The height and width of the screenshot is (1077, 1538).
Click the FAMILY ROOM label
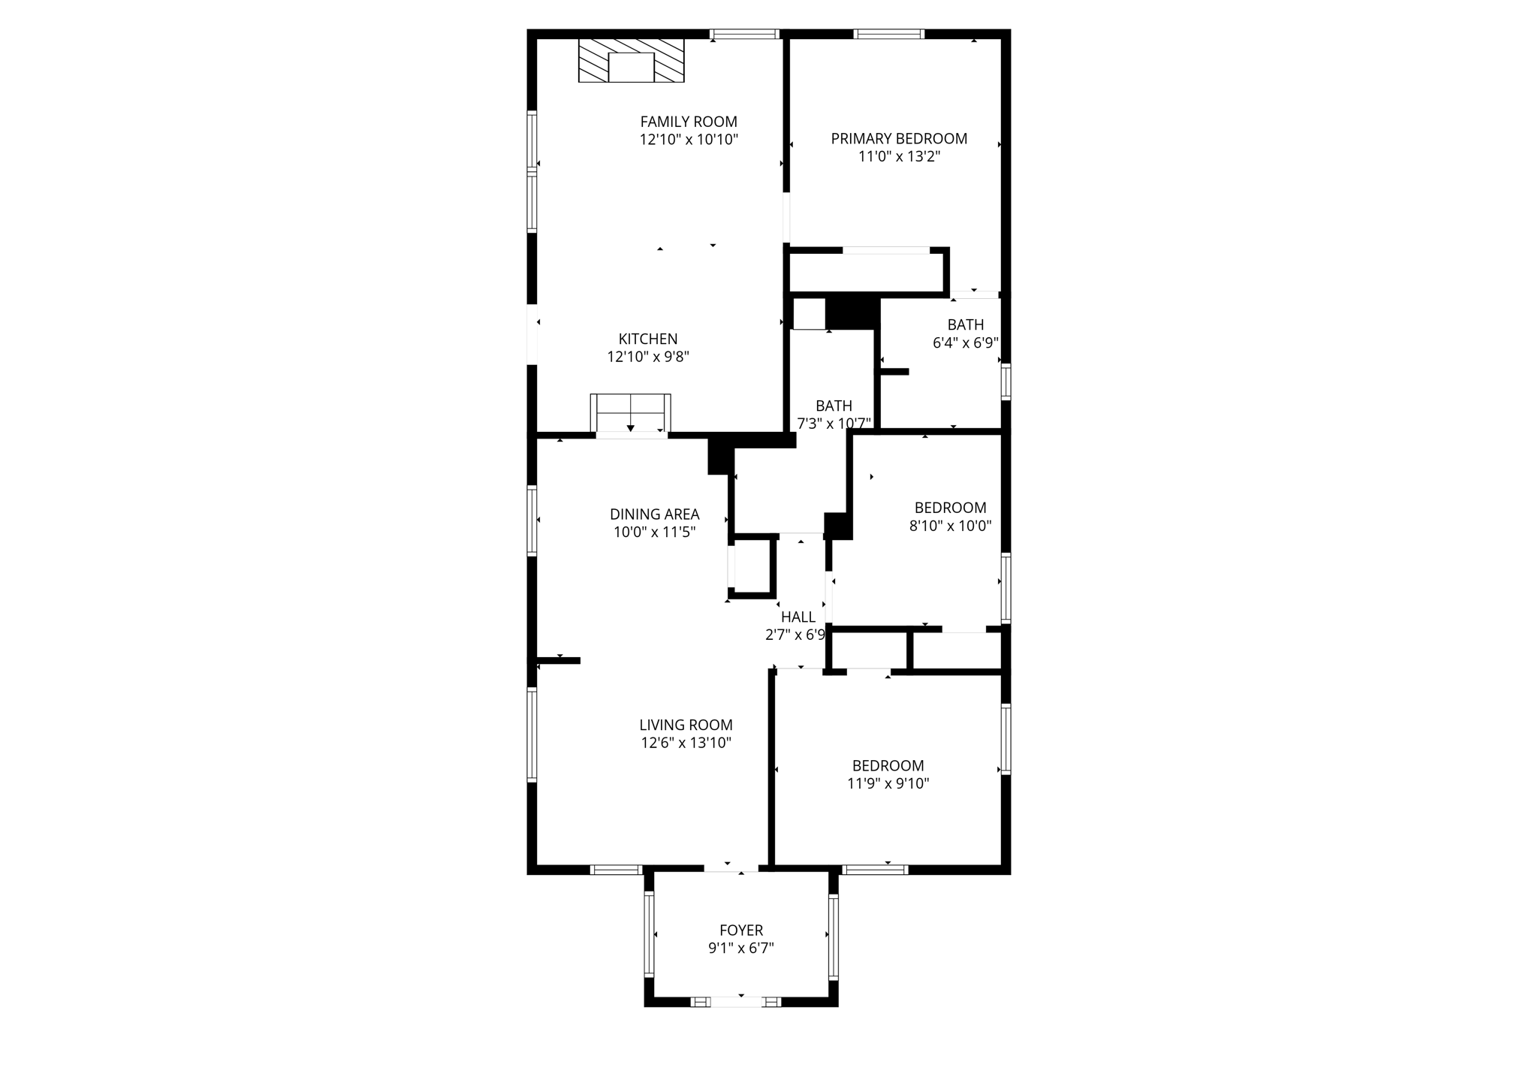(689, 122)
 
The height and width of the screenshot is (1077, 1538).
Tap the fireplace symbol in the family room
(631, 61)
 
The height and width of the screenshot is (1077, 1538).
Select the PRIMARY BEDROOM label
(899, 139)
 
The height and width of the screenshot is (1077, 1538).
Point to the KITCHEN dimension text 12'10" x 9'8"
(648, 357)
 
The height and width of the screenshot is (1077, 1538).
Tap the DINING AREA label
(654, 514)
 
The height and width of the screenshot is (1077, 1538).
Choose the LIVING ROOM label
(686, 725)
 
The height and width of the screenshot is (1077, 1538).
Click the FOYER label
(740, 930)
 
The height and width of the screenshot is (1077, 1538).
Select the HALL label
(798, 617)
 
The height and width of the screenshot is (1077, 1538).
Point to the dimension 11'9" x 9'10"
(888, 783)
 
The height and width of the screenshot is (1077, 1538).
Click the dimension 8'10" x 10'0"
(950, 526)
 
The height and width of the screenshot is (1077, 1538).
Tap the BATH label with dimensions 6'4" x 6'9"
(965, 325)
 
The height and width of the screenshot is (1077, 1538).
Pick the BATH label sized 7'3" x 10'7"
(834, 406)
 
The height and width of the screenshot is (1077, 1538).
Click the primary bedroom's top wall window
(888, 34)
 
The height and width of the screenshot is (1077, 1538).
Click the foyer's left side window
(649, 935)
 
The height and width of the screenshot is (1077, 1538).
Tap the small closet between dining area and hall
(753, 567)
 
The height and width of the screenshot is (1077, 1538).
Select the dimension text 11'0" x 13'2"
(899, 157)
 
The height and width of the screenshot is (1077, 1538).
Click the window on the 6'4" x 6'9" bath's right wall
(1006, 381)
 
